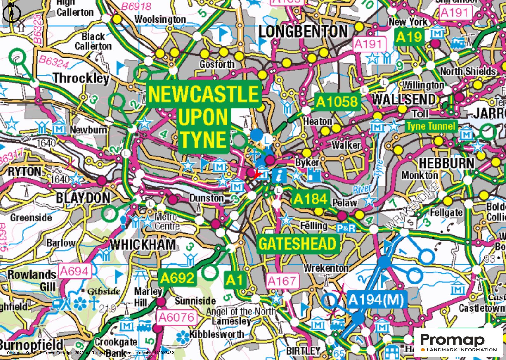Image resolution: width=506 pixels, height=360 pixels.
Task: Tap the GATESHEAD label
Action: (298, 244)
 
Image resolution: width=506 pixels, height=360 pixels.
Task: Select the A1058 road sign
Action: (337, 102)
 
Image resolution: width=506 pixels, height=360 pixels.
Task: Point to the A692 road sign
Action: (177, 278)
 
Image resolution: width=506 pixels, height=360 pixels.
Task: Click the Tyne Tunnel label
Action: (431, 126)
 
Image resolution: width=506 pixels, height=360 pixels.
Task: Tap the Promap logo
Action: (458, 343)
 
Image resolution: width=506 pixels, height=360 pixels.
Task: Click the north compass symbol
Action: (11, 13)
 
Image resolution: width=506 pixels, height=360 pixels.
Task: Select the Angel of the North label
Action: (241, 312)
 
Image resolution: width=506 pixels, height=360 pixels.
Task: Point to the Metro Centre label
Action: (167, 222)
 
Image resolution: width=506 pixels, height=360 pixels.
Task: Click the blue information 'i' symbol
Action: (279, 175)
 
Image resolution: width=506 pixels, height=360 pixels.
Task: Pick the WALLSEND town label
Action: (404, 99)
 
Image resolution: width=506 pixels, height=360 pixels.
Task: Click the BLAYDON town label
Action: (83, 198)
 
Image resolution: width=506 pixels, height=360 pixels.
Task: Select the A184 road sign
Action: (310, 199)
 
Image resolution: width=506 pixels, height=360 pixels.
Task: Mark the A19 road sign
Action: (409, 37)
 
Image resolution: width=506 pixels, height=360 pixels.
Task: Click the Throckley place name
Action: (81, 78)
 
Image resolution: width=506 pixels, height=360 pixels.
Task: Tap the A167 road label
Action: (282, 281)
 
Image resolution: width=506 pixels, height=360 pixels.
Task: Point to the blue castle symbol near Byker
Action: (314, 175)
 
